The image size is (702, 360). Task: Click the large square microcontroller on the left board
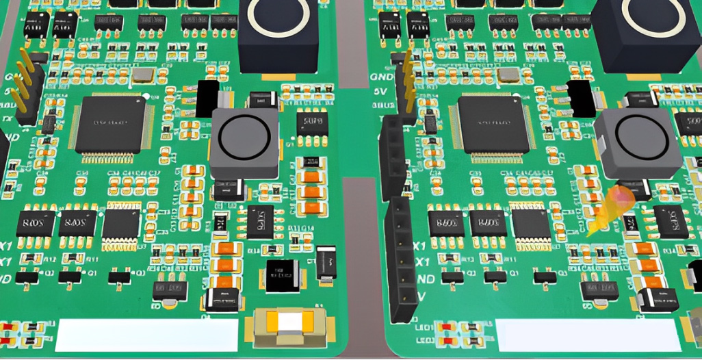pyautogui.click(x=109, y=125)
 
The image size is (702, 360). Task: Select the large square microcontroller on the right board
pyautogui.click(x=493, y=124)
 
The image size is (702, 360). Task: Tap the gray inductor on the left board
pyautogui.click(x=244, y=143)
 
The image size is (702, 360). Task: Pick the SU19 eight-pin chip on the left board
pyautogui.click(x=312, y=124)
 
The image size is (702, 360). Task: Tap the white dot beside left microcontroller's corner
pyautogui.click(x=146, y=97)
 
